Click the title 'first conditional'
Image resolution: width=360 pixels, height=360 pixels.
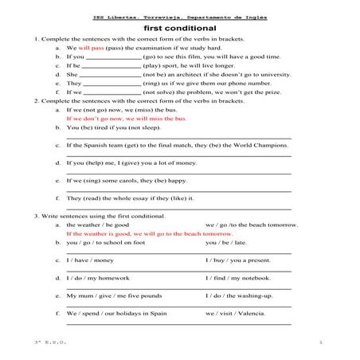[179, 27]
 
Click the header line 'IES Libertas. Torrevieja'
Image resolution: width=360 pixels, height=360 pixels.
[179, 15]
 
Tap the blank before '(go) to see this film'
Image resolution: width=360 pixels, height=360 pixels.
[112, 57]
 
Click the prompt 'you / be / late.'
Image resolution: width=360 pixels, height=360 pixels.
[226, 242]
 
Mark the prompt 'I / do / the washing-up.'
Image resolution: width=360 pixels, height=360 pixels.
[238, 295]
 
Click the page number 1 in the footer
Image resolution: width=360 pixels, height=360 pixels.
[319, 342]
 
